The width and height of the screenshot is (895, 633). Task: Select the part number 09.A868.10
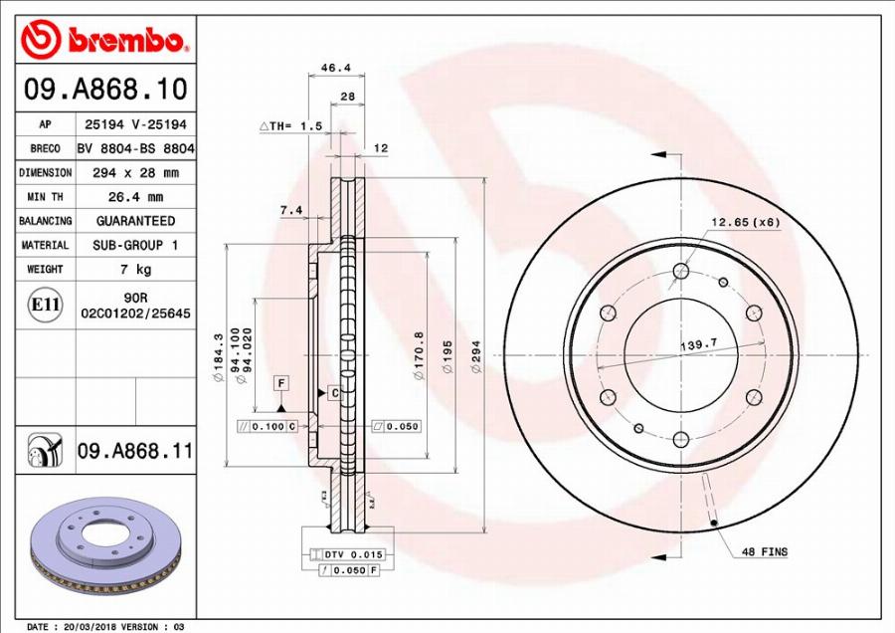pos(105,90)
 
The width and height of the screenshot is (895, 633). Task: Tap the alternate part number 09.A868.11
pos(134,452)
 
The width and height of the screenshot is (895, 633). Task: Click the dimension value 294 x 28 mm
pos(134,173)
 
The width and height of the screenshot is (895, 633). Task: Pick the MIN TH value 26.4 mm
pos(134,197)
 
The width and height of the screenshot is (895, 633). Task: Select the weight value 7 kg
pos(134,270)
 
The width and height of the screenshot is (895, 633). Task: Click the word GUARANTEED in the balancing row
pos(134,221)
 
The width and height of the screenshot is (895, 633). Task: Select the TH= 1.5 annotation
pos(291,126)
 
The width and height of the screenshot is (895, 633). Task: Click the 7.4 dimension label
pos(290,210)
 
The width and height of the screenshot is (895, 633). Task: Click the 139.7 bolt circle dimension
pos(699,345)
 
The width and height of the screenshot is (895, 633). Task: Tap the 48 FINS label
pos(764,551)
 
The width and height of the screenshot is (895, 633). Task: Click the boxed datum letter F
pos(282,383)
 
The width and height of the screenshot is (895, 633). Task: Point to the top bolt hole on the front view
pos(681,271)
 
